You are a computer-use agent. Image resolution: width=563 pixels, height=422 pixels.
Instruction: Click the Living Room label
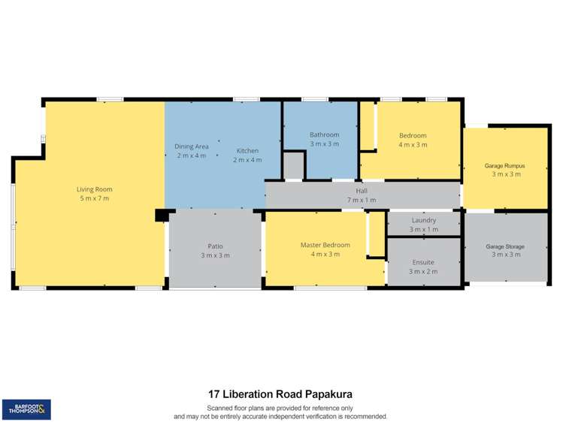[94, 189]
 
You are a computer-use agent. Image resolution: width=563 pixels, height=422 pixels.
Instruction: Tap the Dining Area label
[192, 146]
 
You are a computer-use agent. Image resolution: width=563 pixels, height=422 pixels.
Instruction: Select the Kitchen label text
[247, 151]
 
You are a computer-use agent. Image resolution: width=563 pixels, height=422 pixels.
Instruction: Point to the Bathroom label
[324, 134]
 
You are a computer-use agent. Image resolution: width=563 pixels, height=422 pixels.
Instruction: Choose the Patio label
[215, 246]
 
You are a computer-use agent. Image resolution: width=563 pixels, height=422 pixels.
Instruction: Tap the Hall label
[362, 191]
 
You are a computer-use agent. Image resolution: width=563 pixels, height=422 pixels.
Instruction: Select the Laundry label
[423, 220]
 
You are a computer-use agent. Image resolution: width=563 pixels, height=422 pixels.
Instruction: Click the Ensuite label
[423, 262]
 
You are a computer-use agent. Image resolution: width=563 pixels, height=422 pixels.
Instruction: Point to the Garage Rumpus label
[504, 165]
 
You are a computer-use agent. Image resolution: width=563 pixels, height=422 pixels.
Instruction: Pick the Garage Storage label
[504, 246]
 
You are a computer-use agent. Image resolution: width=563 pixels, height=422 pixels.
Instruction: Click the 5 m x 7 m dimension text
[94, 198]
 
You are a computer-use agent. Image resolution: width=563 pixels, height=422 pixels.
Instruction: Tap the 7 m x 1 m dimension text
[362, 200]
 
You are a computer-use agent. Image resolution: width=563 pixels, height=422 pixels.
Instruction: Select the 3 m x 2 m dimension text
[423, 271]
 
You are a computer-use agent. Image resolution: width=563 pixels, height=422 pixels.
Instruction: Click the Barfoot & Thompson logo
[26, 409]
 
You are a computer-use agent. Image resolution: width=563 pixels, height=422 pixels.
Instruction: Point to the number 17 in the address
[214, 393]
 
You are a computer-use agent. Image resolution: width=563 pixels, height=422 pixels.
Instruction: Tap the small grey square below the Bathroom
[293, 165]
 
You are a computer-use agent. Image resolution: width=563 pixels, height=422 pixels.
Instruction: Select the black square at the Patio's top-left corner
[161, 216]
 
